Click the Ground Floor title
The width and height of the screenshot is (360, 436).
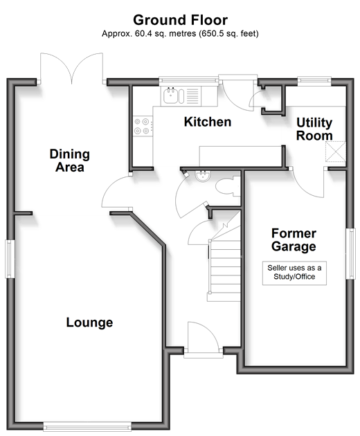[x=180, y=20]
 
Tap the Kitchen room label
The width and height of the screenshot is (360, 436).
[x=208, y=122]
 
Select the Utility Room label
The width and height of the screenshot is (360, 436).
[x=314, y=129]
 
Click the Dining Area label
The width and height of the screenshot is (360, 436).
[x=69, y=161]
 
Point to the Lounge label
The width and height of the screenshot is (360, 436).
[x=89, y=323]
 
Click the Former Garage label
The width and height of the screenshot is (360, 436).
[x=294, y=239]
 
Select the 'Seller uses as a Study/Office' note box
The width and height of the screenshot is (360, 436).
[x=294, y=273]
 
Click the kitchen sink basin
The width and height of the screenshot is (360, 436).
[x=170, y=96]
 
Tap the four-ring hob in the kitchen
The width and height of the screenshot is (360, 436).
[x=142, y=126]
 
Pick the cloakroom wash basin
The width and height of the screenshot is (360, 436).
[x=203, y=176]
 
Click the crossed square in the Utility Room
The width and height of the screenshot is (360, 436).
[x=336, y=152]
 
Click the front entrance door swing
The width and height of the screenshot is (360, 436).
[x=204, y=337]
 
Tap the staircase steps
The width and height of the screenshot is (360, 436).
[x=224, y=269]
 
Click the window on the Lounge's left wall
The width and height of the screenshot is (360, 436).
[x=10, y=259]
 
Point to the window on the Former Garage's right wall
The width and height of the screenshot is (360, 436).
[x=350, y=253]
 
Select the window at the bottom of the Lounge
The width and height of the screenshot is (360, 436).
[x=87, y=426]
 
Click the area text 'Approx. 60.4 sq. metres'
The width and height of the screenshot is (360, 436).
[x=149, y=34]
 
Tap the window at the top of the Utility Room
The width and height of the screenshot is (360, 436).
[x=314, y=80]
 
